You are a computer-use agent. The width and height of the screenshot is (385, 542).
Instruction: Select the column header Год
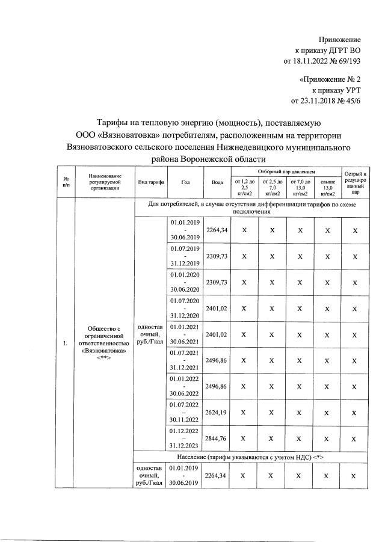coord(185,182)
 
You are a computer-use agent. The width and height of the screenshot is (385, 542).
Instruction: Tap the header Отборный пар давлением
coord(285,171)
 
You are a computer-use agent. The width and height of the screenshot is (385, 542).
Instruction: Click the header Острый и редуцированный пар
coord(355,182)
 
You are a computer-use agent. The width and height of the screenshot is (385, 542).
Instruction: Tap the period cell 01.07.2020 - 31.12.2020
coord(185,308)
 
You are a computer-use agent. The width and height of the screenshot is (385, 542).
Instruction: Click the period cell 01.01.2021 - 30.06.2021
coord(185,334)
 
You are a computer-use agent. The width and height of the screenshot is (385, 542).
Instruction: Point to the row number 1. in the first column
coord(64,343)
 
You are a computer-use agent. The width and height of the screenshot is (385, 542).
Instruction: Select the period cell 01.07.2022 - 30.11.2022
coord(185,412)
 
